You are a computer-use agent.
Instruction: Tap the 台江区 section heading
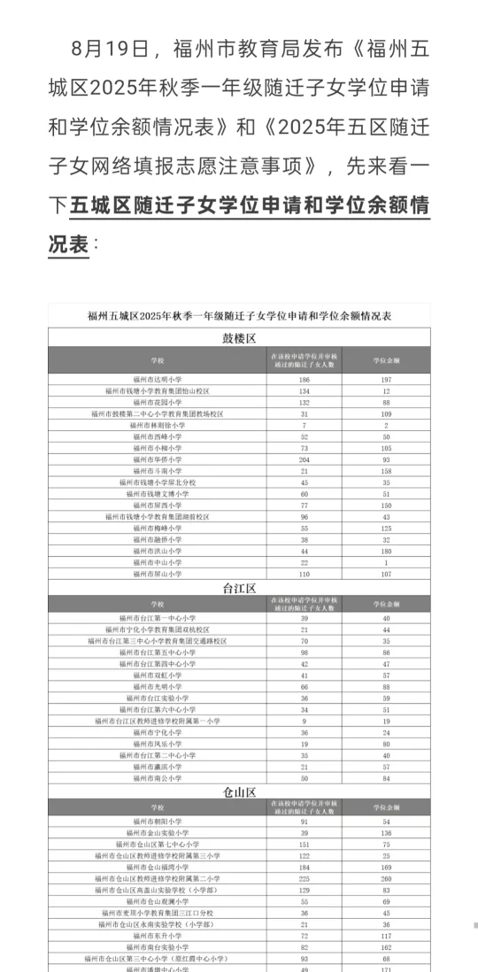pyautogui.click(x=239, y=588)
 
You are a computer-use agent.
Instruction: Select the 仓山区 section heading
pyautogui.click(x=239, y=791)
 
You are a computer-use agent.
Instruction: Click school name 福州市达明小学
pyautogui.click(x=158, y=379)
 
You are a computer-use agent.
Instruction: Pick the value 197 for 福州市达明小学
pyautogui.click(x=386, y=379)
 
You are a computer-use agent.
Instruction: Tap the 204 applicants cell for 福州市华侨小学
pyautogui.click(x=304, y=459)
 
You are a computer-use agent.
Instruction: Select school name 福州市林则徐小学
pyautogui.click(x=158, y=425)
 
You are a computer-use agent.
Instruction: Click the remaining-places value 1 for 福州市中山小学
pyautogui.click(x=386, y=562)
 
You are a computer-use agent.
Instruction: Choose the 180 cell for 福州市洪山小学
pyautogui.click(x=386, y=551)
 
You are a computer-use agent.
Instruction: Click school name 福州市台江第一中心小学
pyautogui.click(x=158, y=618)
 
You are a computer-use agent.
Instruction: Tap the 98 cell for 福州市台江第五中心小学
pyautogui.click(x=304, y=652)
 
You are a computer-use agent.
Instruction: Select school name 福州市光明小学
pyautogui.click(x=158, y=687)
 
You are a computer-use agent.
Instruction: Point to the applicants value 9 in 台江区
pyautogui.click(x=304, y=721)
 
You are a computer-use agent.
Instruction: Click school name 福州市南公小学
pyautogui.click(x=158, y=779)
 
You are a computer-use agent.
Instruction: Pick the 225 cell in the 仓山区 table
pyautogui.click(x=304, y=879)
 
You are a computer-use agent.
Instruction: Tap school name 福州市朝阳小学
pyautogui.click(x=158, y=822)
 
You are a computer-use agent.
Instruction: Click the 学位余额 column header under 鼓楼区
pyautogui.click(x=386, y=359)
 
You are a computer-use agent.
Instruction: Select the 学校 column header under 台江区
pyautogui.click(x=158, y=603)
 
